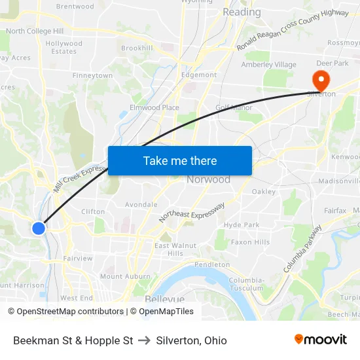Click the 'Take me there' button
click(180, 160)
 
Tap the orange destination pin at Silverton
click(321, 81)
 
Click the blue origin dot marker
click(39, 228)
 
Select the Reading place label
click(242, 12)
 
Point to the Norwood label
click(208, 179)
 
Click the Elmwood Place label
click(154, 107)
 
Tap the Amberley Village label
click(268, 65)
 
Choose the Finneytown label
click(92, 76)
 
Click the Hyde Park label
click(242, 225)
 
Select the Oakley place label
click(264, 192)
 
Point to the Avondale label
click(141, 204)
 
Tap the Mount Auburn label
click(125, 277)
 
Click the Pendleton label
click(211, 264)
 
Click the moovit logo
click(321, 339)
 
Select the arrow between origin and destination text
click(145, 340)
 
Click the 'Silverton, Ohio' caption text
click(191, 340)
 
